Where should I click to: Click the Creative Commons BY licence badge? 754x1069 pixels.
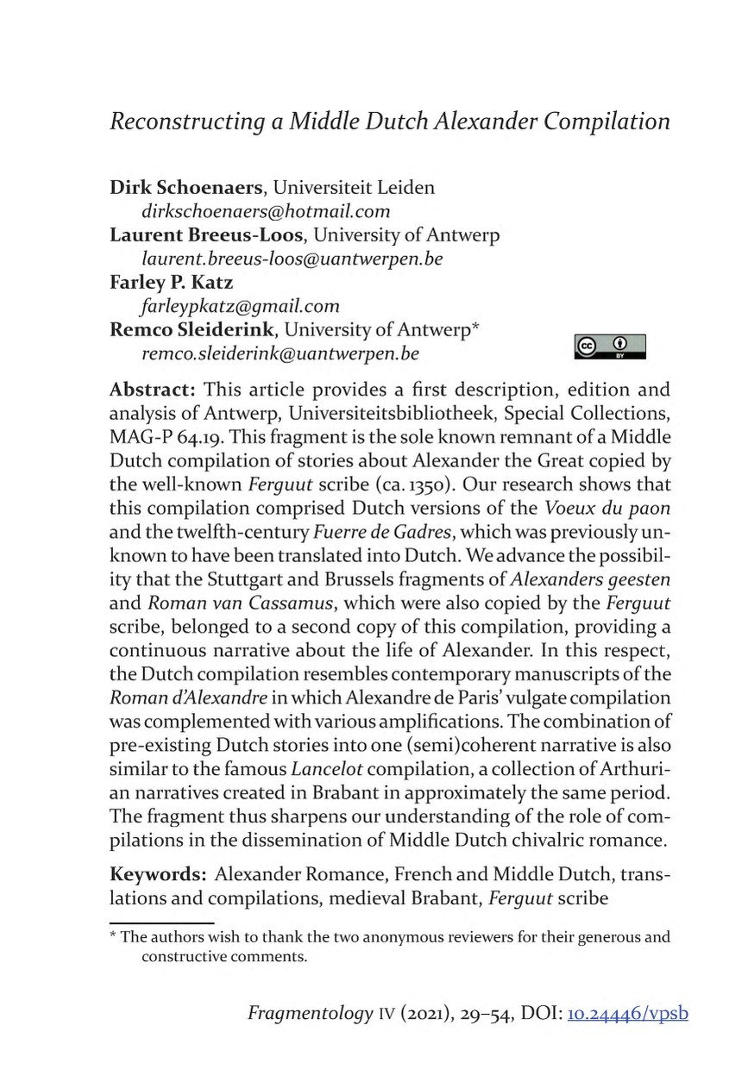pos(608,347)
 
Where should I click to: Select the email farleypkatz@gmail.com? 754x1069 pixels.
pos(239,305)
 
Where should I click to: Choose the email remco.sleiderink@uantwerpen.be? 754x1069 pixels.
pos(280,353)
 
